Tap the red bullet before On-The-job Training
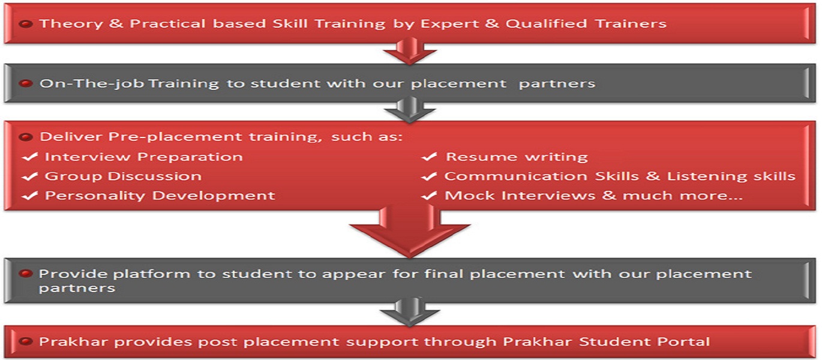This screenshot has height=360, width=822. (x=26, y=83)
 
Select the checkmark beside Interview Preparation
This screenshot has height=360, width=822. (x=29, y=157)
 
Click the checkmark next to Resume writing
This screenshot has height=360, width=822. (x=429, y=157)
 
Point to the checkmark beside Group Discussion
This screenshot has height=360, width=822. (x=29, y=176)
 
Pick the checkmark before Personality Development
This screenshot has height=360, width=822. (x=29, y=196)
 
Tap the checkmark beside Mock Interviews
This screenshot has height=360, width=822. (x=429, y=196)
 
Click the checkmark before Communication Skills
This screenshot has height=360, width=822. (x=429, y=176)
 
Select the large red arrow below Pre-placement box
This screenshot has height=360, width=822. (x=410, y=231)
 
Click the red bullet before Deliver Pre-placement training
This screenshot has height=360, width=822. (x=26, y=137)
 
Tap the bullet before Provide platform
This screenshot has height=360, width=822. (x=26, y=274)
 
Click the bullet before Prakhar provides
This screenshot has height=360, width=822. (x=26, y=342)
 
